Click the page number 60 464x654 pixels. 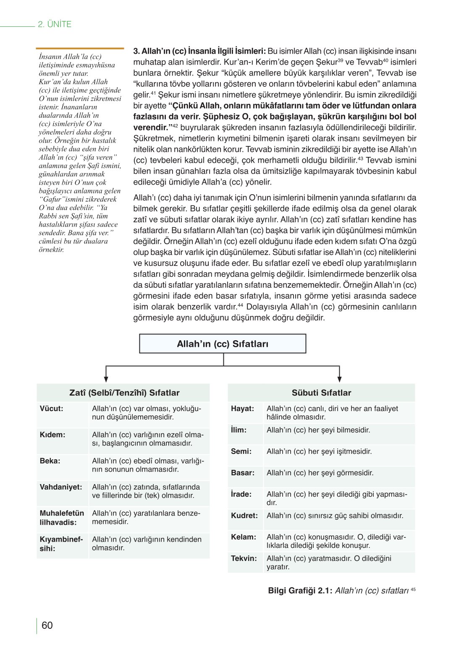[x=47, y=625]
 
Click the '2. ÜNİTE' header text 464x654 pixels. [x=55, y=24]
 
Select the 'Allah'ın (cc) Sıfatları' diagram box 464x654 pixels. [x=223, y=344]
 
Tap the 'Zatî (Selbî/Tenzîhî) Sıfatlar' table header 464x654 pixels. [x=124, y=393]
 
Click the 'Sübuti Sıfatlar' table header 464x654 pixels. [x=321, y=393]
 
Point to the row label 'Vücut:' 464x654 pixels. [x=52, y=409]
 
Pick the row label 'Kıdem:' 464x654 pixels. [x=52, y=435]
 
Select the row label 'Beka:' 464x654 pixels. [x=50, y=461]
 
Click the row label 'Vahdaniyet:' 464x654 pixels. [x=61, y=487]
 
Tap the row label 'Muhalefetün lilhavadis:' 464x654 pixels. [x=62, y=518]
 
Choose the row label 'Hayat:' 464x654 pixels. [x=242, y=409]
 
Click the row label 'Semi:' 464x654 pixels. [x=241, y=451]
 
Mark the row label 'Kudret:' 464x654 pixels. [x=244, y=516]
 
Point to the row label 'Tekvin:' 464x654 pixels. [x=244, y=558]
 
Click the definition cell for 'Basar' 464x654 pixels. [x=320, y=473]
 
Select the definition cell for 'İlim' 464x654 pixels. [x=318, y=430]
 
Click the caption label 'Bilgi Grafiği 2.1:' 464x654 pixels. [x=300, y=591]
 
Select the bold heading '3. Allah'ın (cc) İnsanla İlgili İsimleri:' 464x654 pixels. [x=199, y=51]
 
